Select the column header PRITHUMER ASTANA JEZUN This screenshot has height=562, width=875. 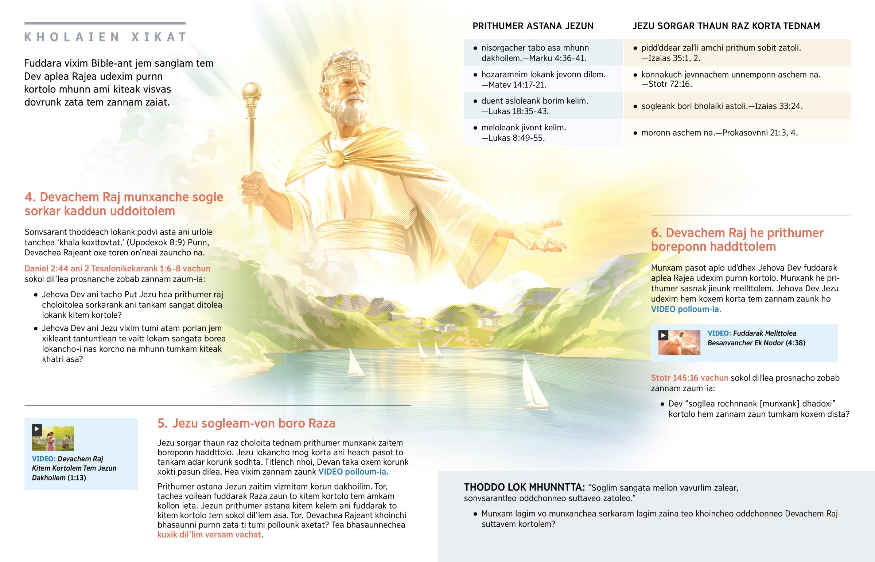pyautogui.click(x=533, y=26)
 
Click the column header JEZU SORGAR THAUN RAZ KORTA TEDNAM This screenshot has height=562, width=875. pyautogui.click(x=726, y=26)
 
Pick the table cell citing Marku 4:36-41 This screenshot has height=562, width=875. pyautogui.click(x=542, y=53)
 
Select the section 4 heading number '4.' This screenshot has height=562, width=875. pyautogui.click(x=30, y=197)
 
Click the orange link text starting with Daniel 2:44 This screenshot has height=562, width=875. pyautogui.click(x=117, y=268)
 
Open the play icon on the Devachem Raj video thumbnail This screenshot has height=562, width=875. pyautogui.click(x=37, y=429)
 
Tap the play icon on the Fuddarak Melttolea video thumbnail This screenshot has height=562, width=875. pyautogui.click(x=663, y=335)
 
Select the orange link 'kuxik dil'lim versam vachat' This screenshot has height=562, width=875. pyautogui.click(x=209, y=535)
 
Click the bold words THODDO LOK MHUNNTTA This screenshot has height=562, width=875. pyautogui.click(x=524, y=488)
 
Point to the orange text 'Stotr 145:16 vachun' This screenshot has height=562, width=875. pyautogui.click(x=689, y=378)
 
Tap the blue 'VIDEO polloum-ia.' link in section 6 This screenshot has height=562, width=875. pyautogui.click(x=686, y=310)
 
